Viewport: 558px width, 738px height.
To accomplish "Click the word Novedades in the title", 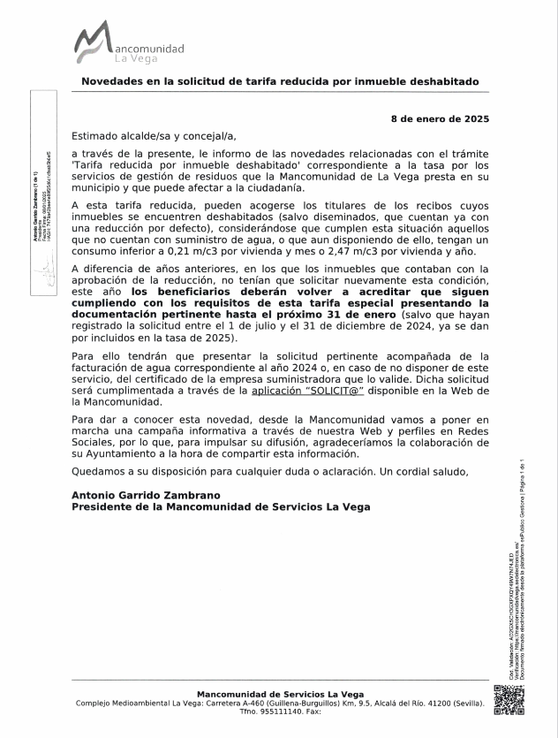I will click(x=115, y=81).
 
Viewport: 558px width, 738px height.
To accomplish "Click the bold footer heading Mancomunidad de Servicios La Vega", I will click(x=279, y=694).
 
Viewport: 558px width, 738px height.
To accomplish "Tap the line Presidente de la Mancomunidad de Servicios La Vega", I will click(x=221, y=506).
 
